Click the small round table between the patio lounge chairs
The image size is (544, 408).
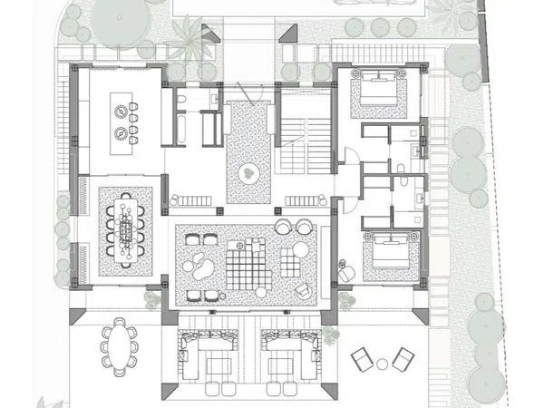(x=382, y=364)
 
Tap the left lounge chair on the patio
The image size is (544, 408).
(x=361, y=360)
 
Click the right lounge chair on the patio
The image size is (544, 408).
(x=403, y=360)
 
